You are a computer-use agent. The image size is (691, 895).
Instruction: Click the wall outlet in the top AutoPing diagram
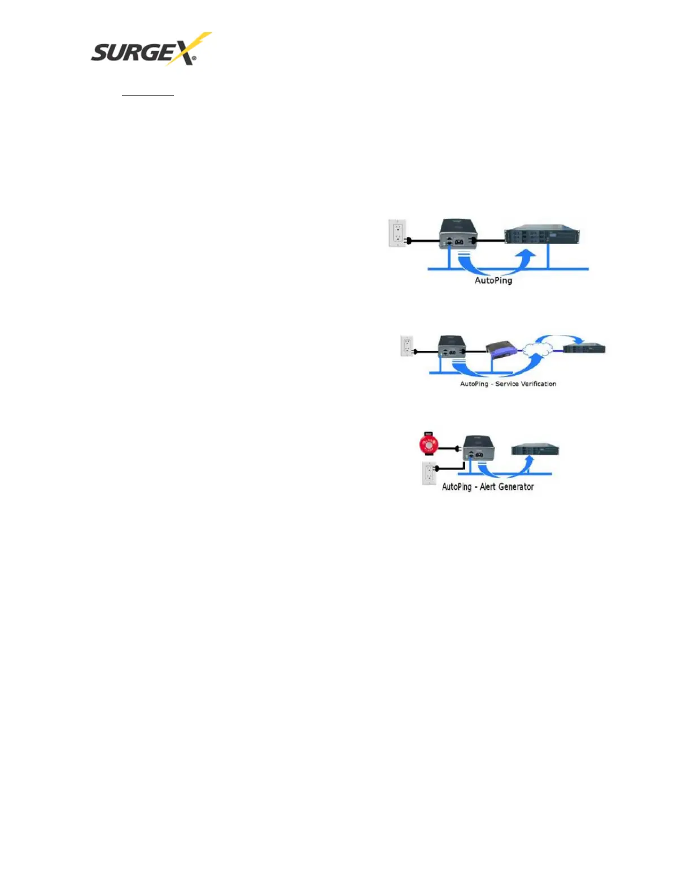click(x=398, y=233)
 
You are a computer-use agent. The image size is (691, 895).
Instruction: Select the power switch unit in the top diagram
click(x=459, y=234)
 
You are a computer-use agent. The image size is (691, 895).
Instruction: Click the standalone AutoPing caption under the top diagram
click(x=493, y=280)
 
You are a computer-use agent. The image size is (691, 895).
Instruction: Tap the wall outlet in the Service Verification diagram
click(x=406, y=346)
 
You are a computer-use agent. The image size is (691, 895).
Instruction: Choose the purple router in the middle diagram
click(x=501, y=351)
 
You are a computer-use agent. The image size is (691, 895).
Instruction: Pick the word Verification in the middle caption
click(x=534, y=384)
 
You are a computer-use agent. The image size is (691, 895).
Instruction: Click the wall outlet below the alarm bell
click(x=430, y=473)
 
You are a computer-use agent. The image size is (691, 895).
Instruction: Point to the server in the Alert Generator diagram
click(x=535, y=450)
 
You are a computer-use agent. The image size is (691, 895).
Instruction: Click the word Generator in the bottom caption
click(x=515, y=486)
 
